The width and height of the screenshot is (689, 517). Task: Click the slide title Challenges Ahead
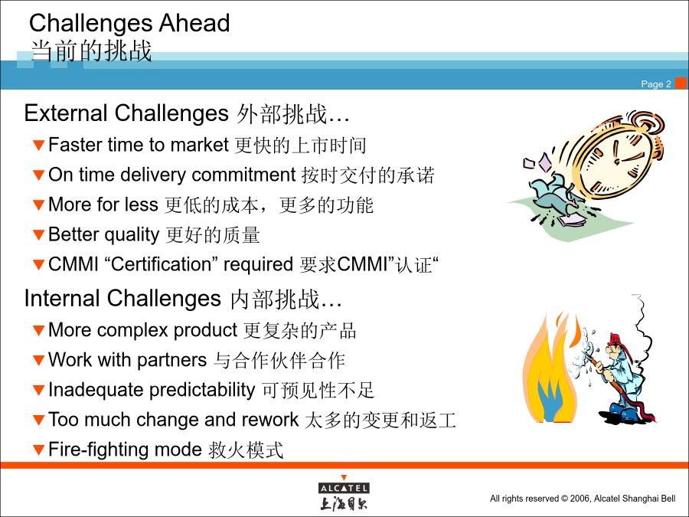(x=129, y=23)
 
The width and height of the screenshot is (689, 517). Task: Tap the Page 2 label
(x=656, y=84)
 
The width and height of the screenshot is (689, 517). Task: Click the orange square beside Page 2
(x=681, y=83)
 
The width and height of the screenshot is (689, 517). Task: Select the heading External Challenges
(x=126, y=113)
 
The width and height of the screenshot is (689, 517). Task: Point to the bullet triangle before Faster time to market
(x=39, y=145)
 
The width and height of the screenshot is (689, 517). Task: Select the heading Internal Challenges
(x=122, y=299)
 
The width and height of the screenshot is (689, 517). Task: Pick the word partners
(x=171, y=361)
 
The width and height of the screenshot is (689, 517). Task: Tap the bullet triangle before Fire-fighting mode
(x=39, y=450)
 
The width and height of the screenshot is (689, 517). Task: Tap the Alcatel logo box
(x=344, y=488)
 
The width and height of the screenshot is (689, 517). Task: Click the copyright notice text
(x=583, y=499)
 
